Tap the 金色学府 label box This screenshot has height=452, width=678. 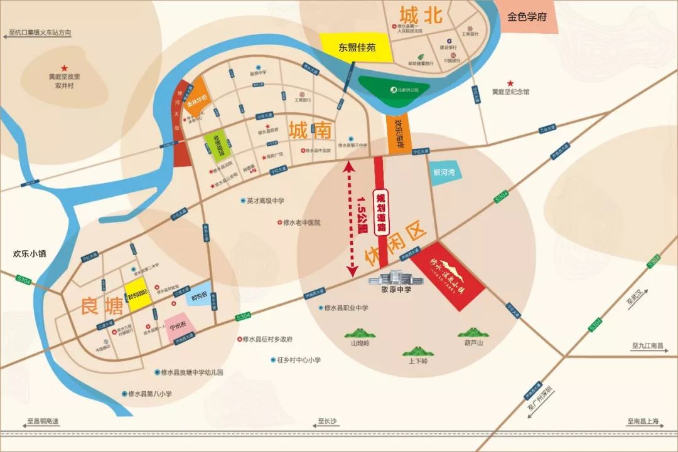click(527, 17)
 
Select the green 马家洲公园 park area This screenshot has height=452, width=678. click(394, 92)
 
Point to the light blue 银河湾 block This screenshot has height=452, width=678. click(447, 172)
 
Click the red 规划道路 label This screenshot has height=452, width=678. click(379, 212)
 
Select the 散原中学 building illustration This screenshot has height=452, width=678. click(395, 275)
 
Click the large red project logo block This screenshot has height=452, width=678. click(455, 275)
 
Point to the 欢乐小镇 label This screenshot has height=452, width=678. click(31, 255)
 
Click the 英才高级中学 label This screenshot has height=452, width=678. click(266, 201)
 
